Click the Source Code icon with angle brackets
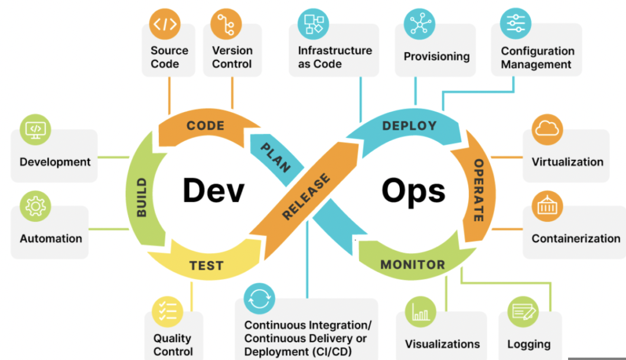click(x=165, y=24)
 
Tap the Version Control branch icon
click(x=226, y=24)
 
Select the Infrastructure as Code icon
click(x=313, y=24)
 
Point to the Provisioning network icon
click(x=419, y=24)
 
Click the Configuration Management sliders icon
click(x=516, y=23)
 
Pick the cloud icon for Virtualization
click(x=547, y=129)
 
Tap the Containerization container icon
click(x=547, y=206)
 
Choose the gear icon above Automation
click(x=35, y=206)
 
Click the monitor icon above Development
click(x=35, y=129)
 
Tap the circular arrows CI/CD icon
click(x=259, y=298)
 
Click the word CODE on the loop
click(x=206, y=126)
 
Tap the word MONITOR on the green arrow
click(x=413, y=264)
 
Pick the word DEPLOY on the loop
click(x=409, y=126)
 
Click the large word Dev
click(x=213, y=191)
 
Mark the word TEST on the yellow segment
click(x=206, y=266)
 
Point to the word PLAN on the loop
click(x=275, y=157)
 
